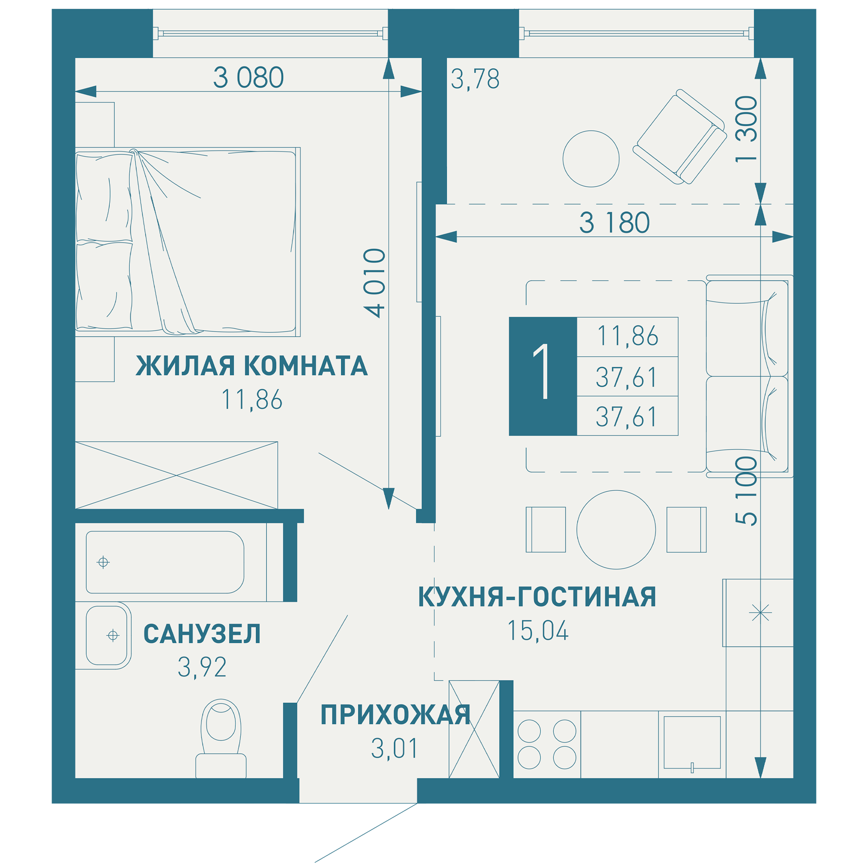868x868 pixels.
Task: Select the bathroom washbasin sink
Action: [107, 635]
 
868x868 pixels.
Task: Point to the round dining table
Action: [616, 529]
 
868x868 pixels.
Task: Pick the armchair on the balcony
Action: [680, 137]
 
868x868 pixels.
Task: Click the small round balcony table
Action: [591, 158]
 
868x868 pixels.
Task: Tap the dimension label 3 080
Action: [248, 77]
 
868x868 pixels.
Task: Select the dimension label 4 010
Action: [374, 283]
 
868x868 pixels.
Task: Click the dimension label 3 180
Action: [614, 223]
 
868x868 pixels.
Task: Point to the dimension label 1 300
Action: [746, 130]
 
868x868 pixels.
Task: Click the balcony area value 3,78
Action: [475, 79]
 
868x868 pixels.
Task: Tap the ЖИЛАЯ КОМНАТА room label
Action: [252, 366]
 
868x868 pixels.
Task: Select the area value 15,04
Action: [538, 631]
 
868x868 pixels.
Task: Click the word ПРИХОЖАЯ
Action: [395, 715]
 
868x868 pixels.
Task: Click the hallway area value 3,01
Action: [395, 749]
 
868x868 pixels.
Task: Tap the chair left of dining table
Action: [546, 529]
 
